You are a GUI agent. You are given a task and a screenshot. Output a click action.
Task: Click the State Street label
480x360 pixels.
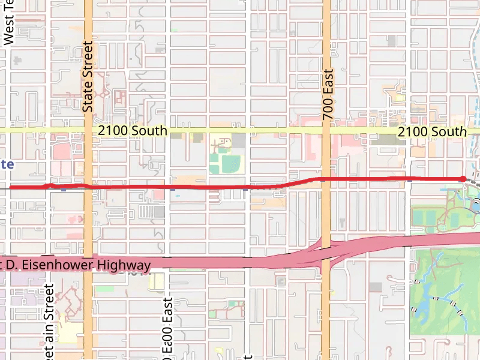pos(88,76)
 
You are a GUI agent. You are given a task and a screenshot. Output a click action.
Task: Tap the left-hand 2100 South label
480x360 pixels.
pos(133,131)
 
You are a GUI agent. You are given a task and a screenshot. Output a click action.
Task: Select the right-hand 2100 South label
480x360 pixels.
pos(431,131)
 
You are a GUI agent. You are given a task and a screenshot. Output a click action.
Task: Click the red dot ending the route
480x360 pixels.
pos(463,179)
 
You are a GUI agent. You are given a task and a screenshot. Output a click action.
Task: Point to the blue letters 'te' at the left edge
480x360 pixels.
pos(7,164)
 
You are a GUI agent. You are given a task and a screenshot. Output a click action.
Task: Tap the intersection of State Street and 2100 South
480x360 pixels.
pos(88,131)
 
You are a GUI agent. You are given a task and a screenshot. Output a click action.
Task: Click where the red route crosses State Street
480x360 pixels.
pos(88,187)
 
